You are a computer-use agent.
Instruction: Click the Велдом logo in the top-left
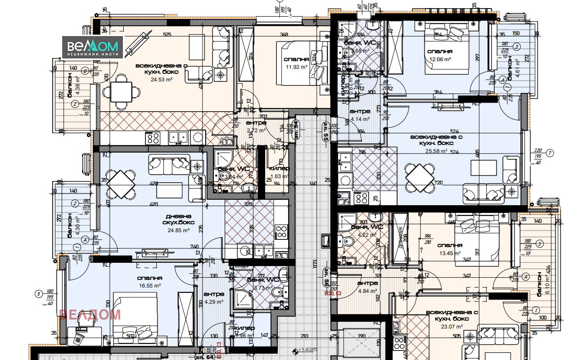92,47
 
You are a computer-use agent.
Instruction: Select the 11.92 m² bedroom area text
296,67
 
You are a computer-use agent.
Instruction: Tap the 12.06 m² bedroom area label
439,59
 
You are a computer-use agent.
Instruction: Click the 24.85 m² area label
178,230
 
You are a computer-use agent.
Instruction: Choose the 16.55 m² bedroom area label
149,286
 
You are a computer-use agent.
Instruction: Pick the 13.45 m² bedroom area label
449,253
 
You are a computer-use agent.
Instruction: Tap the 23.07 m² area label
452,326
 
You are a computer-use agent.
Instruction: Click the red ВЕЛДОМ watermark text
90,314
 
